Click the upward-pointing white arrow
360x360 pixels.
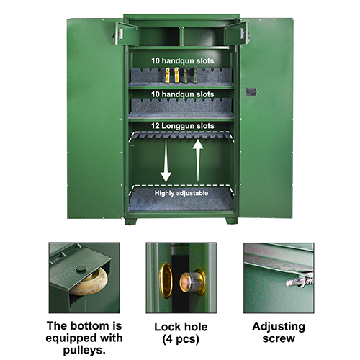198,161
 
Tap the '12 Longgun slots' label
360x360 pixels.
182,126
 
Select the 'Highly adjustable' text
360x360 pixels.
181,193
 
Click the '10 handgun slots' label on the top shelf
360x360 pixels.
182,60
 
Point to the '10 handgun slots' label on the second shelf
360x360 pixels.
182,94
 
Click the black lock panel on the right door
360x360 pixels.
251,91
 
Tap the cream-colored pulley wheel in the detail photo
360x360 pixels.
89,282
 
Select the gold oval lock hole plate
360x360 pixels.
166,280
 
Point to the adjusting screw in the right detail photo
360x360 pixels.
300,282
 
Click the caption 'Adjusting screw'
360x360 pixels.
279,333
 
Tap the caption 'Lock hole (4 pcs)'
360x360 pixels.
181,333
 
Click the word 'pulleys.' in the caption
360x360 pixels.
84,350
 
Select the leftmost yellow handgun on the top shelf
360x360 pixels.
168,75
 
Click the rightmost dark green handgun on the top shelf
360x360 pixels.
195,75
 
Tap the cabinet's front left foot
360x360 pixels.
131,221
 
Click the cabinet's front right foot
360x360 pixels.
231,221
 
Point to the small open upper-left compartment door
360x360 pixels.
127,34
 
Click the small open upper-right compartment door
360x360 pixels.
235,33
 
